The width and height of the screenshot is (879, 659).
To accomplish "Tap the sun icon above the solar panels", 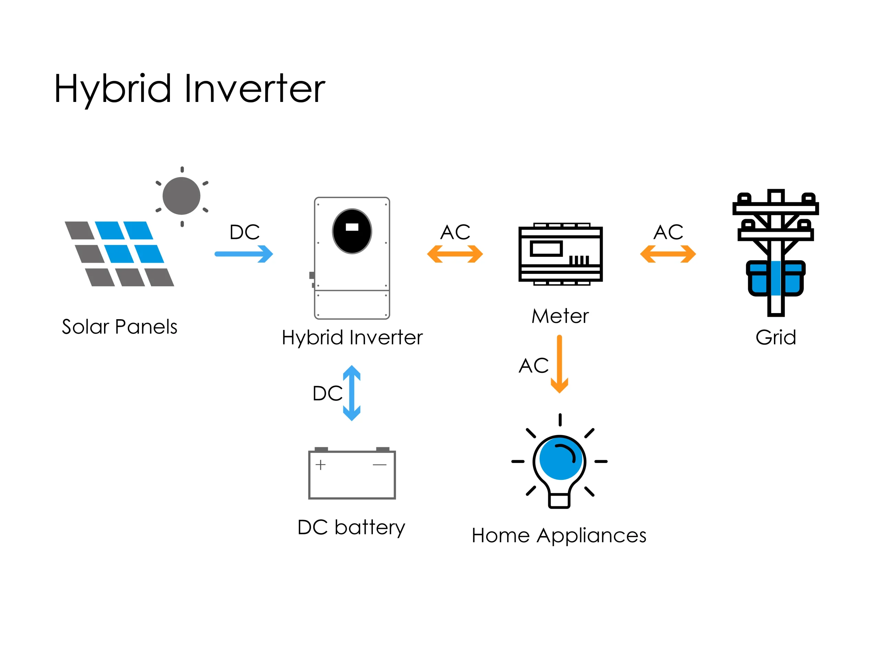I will coord(182,196).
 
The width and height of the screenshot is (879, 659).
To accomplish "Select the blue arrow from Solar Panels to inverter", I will coord(243,254).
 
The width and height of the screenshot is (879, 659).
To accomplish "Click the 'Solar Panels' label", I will coord(119,327).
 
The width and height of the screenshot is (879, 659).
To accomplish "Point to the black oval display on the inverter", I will coord(352,231).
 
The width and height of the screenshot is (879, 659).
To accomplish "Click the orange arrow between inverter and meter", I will coord(455,254).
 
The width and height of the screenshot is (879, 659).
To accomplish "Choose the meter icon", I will coord(560,254).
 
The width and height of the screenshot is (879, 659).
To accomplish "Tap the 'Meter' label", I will coord(560,316).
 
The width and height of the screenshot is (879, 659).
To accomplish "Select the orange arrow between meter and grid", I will coord(667,254).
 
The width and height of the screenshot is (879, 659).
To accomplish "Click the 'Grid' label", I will coord(776,337).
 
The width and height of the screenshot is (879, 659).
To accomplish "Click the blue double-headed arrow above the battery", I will coord(352,393).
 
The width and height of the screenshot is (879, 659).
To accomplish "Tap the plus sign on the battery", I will coord(320,465).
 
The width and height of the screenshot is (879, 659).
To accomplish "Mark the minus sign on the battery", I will coord(379,465).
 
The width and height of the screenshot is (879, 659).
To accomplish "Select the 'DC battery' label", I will coord(351,528).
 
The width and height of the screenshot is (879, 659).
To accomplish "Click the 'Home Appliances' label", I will coord(559,535).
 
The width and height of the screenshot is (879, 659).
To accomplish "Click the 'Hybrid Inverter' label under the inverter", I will coord(352,338).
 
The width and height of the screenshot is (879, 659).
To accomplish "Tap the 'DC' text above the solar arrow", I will coord(244,232).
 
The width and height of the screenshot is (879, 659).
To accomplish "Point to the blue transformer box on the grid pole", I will coord(775,278).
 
